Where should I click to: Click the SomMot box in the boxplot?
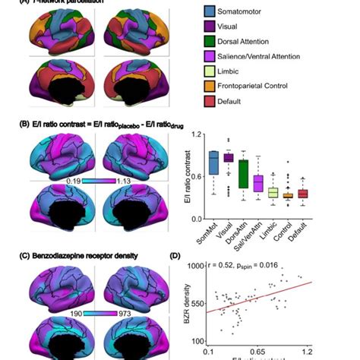click(x=213, y=163)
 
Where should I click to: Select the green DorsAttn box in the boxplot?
click(x=242, y=173)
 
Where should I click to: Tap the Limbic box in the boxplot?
click(x=272, y=192)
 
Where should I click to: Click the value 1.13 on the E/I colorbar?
click(x=124, y=182)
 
